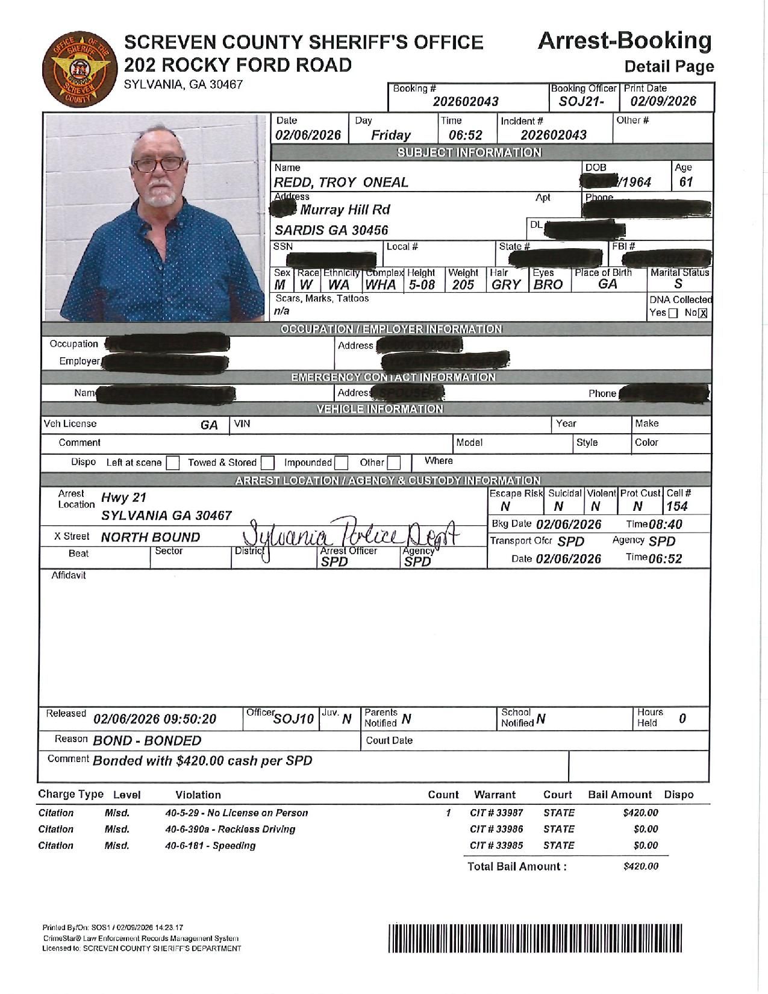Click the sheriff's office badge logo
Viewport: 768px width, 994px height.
pyautogui.click(x=76, y=69)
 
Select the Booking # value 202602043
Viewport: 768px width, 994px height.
pyautogui.click(x=466, y=102)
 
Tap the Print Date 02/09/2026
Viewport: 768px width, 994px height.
pyautogui.click(x=663, y=101)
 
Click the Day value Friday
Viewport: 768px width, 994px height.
pyautogui.click(x=390, y=135)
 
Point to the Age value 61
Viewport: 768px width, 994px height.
pyautogui.click(x=686, y=182)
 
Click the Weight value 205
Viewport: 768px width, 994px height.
pyautogui.click(x=463, y=285)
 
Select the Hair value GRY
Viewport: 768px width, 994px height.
pyautogui.click(x=505, y=285)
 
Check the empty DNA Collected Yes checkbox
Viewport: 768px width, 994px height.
pyautogui.click(x=673, y=313)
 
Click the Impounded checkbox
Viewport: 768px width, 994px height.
pyautogui.click(x=342, y=463)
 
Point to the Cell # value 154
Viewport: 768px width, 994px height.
pyautogui.click(x=676, y=507)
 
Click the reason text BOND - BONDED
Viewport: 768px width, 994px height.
pyautogui.click(x=147, y=740)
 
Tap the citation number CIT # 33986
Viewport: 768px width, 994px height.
pyautogui.click(x=496, y=829)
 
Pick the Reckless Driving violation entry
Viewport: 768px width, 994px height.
pyautogui.click(x=230, y=829)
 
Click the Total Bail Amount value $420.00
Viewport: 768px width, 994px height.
pyautogui.click(x=640, y=866)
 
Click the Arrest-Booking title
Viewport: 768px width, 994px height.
pyautogui.click(x=624, y=41)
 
